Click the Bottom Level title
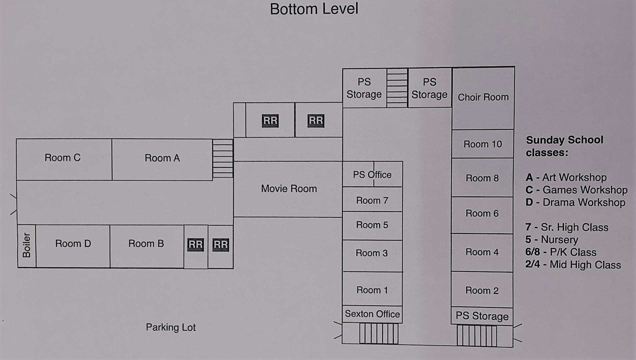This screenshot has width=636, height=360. click(x=314, y=9)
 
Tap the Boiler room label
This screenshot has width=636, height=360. click(x=27, y=245)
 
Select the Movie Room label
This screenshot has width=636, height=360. click(x=289, y=189)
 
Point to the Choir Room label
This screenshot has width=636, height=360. click(x=483, y=97)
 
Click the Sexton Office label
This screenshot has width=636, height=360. click(x=372, y=314)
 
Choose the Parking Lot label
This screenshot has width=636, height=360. click(x=171, y=327)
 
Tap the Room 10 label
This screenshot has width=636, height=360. click(x=483, y=144)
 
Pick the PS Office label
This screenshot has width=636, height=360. click(x=372, y=175)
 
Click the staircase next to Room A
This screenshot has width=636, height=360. click(x=223, y=158)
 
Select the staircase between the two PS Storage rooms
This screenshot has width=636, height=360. click(x=397, y=88)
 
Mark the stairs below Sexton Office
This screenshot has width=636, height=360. click(x=379, y=333)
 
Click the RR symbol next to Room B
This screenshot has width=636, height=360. click(x=196, y=245)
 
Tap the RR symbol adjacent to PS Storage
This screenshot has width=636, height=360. click(x=316, y=121)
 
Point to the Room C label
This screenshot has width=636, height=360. click(x=63, y=158)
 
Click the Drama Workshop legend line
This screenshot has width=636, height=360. click(x=575, y=202)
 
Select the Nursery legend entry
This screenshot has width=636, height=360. click(x=552, y=240)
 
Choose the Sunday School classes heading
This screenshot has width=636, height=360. click(x=564, y=146)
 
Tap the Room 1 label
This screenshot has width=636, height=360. click(x=372, y=290)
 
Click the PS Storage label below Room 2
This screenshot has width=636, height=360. click(x=482, y=316)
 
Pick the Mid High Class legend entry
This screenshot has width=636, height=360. click(x=573, y=265)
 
